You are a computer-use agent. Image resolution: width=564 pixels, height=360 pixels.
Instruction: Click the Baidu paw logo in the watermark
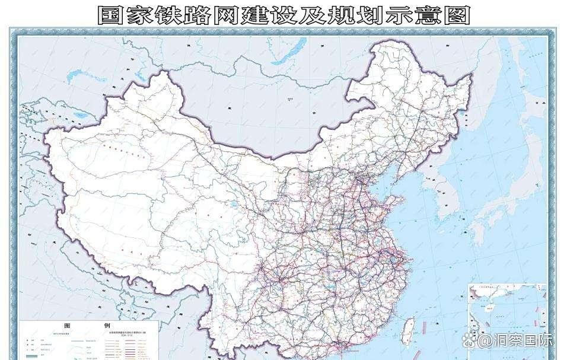tap(471, 340)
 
